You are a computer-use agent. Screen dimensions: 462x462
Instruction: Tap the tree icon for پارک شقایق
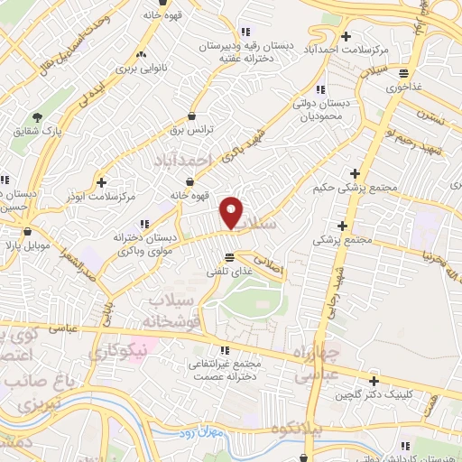coord(37,117)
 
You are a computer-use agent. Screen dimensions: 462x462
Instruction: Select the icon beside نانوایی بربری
coord(140,53)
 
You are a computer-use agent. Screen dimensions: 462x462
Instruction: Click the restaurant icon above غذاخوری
coord(403,74)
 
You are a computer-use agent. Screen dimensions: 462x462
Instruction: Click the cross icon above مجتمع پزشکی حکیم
coord(356,172)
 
